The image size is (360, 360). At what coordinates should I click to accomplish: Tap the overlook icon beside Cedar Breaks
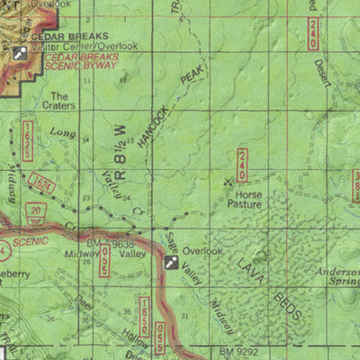(20, 52)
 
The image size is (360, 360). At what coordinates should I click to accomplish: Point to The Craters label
(64, 100)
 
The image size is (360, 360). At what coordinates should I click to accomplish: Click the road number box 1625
(30, 142)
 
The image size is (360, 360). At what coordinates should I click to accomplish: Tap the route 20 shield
(34, 210)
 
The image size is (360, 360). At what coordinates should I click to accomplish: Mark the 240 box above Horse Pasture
(243, 165)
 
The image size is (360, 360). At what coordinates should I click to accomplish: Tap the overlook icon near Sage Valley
(170, 262)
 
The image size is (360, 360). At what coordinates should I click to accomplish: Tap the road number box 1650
(145, 311)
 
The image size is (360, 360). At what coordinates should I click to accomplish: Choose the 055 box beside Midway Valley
(105, 259)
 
